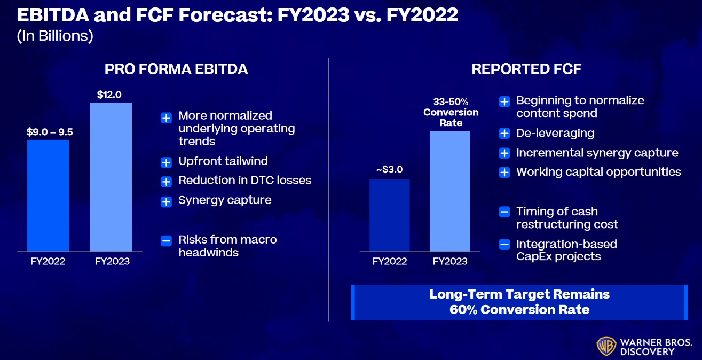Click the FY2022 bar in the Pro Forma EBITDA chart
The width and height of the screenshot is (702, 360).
(48, 195)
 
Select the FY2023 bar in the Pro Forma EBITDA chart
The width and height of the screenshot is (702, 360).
(111, 176)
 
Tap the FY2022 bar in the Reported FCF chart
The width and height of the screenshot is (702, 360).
(390, 215)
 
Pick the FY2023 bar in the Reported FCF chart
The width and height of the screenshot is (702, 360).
(450, 191)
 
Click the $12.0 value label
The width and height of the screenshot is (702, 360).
(109, 95)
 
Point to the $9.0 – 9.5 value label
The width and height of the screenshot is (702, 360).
(49, 132)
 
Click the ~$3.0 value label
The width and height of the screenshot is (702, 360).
(390, 170)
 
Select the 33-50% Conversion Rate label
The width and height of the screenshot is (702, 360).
(451, 112)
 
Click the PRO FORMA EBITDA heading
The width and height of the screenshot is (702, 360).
(176, 69)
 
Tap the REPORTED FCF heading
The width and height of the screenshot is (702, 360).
(526, 69)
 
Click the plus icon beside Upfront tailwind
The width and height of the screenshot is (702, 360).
(167, 162)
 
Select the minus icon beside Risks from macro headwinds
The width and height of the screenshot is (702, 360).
(167, 240)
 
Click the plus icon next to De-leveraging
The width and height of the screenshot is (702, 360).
(504, 134)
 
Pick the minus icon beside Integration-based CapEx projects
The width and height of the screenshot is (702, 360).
(504, 245)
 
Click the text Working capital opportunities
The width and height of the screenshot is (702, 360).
(598, 172)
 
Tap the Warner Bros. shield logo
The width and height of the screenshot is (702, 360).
(605, 346)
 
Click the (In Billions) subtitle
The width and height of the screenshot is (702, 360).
(56, 36)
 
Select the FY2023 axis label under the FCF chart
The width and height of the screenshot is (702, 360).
(450, 261)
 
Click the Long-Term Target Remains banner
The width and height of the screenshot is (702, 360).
(519, 302)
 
